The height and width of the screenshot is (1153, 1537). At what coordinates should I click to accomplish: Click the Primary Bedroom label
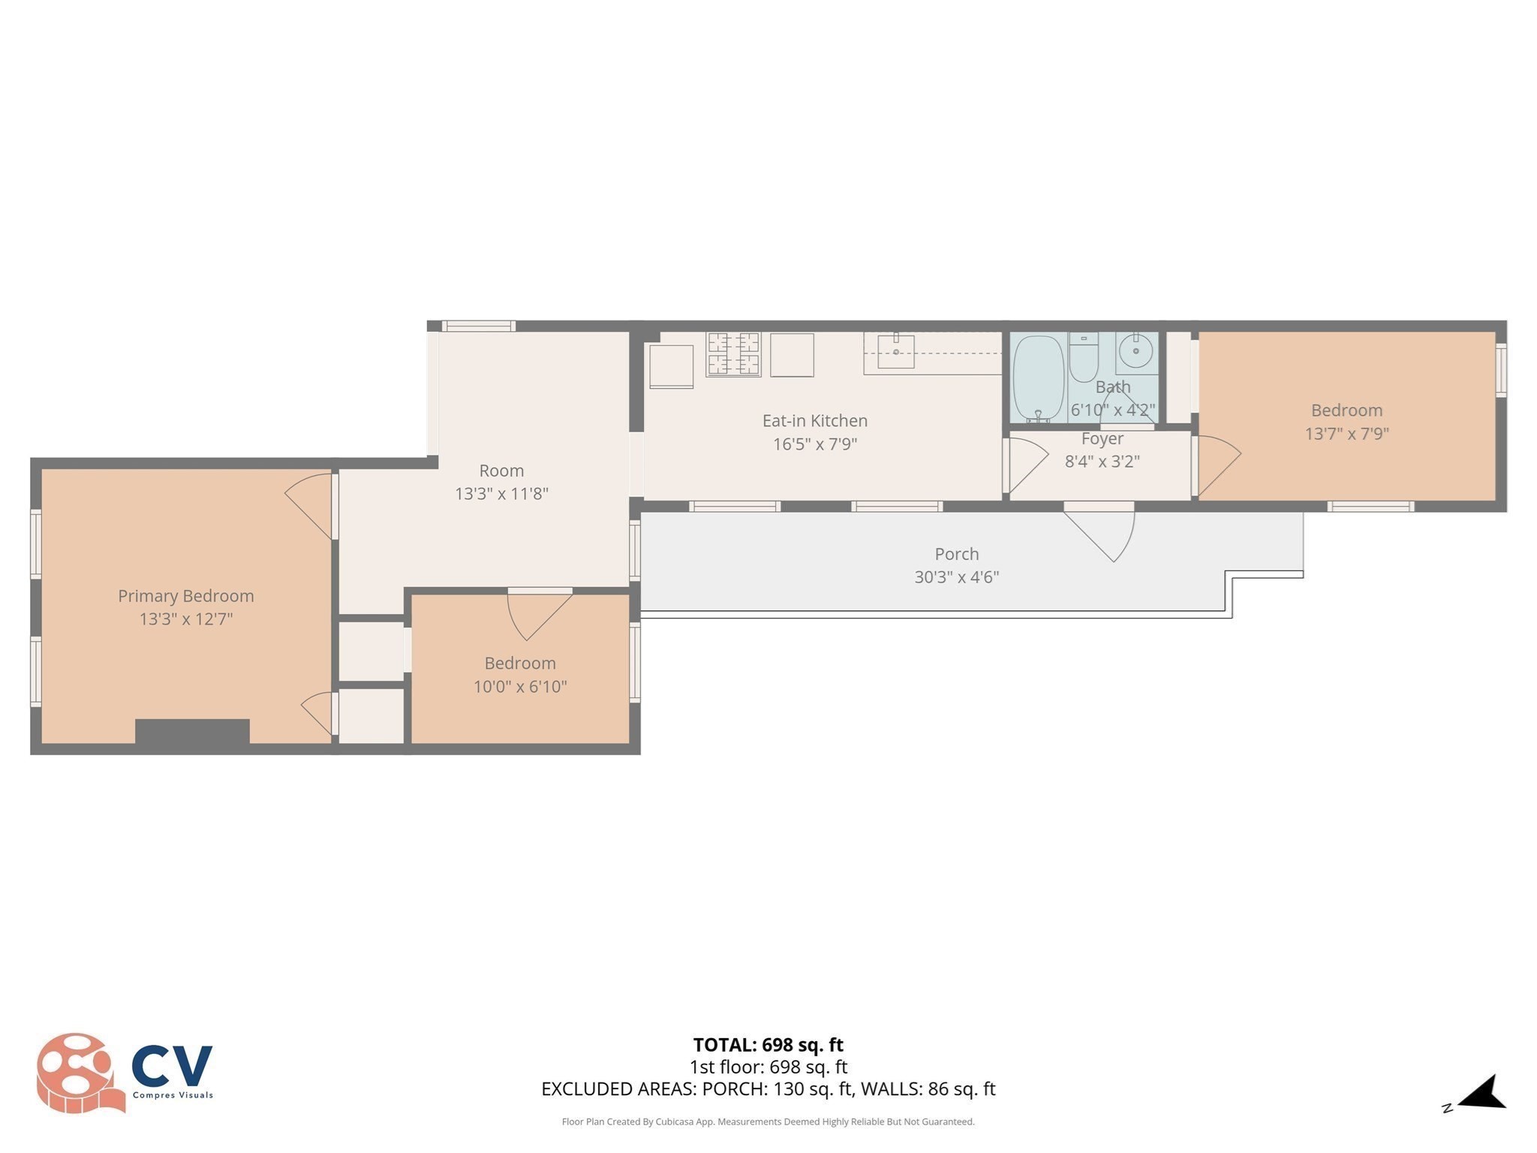185,596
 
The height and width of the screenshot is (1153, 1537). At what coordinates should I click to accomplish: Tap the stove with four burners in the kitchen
733,354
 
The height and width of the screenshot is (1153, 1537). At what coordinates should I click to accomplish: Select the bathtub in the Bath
1038,378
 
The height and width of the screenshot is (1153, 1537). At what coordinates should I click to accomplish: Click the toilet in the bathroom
1083,358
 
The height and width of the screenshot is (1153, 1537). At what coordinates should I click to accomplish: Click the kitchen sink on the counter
896,351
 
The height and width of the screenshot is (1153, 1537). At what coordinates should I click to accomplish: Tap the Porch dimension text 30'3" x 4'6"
956,577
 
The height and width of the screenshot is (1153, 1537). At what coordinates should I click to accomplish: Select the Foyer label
1102,438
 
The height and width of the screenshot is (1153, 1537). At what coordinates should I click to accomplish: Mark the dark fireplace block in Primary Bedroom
192,731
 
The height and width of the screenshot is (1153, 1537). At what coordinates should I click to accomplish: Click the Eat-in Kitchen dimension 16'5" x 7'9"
815,444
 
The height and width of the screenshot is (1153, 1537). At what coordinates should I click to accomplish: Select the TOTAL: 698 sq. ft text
768,1045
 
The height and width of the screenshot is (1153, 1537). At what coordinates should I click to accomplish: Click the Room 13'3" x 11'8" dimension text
501,494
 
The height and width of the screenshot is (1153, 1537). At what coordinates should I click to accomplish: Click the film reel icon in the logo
77,1072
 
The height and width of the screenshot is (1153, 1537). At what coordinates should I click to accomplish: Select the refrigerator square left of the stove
671,366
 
